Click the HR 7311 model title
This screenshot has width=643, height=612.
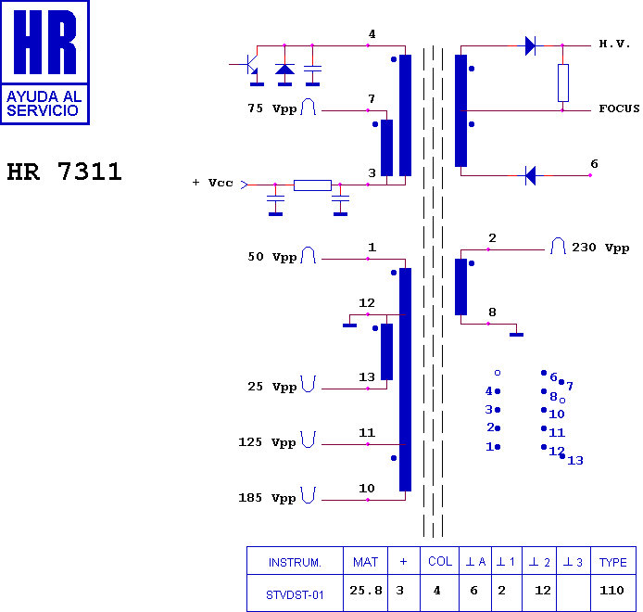point(64,172)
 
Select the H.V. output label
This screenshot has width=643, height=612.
point(614,44)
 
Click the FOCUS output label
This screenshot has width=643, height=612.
point(619,108)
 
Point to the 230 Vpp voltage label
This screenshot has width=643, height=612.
point(600,248)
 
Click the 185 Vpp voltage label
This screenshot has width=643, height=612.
point(267,498)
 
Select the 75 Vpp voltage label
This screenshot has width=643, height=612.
point(271,108)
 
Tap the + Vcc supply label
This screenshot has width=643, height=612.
point(213,183)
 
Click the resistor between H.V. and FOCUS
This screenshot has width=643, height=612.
point(563,83)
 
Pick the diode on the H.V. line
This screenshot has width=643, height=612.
point(530,45)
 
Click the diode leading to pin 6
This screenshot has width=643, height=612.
point(530,175)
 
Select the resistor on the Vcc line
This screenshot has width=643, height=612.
point(312,185)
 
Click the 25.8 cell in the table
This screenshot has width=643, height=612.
point(366,591)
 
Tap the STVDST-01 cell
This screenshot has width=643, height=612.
point(295,594)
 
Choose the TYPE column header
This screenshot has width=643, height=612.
point(613,562)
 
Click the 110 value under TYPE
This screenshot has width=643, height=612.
point(611,591)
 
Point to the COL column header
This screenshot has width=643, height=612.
point(440,562)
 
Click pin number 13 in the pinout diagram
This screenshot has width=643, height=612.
point(575,461)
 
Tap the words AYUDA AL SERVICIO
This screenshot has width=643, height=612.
point(44,104)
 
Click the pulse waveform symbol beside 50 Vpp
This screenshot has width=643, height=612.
point(309,255)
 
